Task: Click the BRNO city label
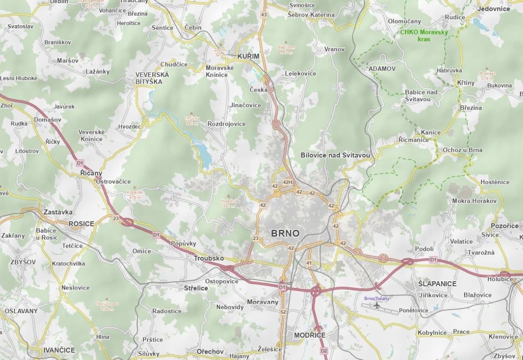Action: coord(285,233)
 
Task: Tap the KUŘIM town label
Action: coord(248,56)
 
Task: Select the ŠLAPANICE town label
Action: coord(437,283)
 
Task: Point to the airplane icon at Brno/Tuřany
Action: coord(376,306)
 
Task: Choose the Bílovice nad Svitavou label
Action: coord(335,155)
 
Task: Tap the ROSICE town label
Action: coord(81,224)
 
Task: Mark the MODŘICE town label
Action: coord(309,335)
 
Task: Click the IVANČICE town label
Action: coord(59,350)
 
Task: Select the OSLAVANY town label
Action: coord(21,310)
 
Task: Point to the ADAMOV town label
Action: coord(382,68)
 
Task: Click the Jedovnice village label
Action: coord(494,9)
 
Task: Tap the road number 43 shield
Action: coord(264,15)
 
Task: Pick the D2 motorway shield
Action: coord(324,351)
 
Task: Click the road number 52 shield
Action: coord(283,312)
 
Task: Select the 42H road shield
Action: coord(287,182)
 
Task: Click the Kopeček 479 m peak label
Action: coord(135,194)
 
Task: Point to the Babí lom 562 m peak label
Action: coord(286,49)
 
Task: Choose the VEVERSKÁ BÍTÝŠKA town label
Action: coord(152,78)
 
